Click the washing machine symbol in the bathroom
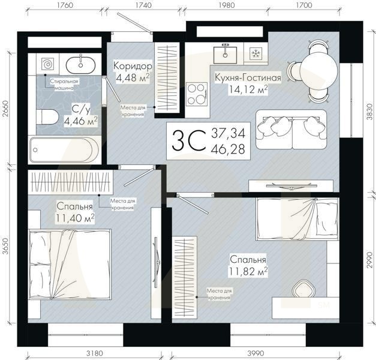[47, 64]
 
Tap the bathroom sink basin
[81, 64]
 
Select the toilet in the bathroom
[47, 117]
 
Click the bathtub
[64, 150]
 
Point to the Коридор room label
[133, 65]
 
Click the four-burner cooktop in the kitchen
[197, 94]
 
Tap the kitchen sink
[225, 54]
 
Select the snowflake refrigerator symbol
[256, 53]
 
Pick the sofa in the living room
[291, 130]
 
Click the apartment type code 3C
[189, 140]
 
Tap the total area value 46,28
[228, 149]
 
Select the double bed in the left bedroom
[70, 264]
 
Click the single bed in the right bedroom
[297, 218]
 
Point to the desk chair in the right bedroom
[303, 289]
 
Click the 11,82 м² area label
[248, 271]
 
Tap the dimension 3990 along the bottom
[256, 353]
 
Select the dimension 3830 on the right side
[370, 112]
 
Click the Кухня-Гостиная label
[248, 78]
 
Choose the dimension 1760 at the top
[65, 5]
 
